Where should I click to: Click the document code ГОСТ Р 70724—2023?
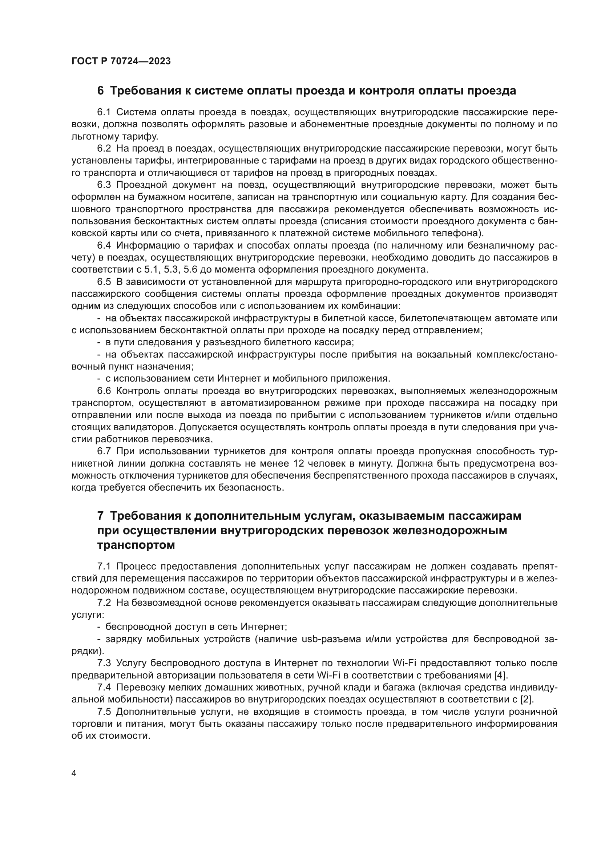pos(121,61)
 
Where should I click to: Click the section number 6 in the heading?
pos(100,91)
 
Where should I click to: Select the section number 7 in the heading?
pos(100,516)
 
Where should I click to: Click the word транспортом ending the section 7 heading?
pos(136,545)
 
